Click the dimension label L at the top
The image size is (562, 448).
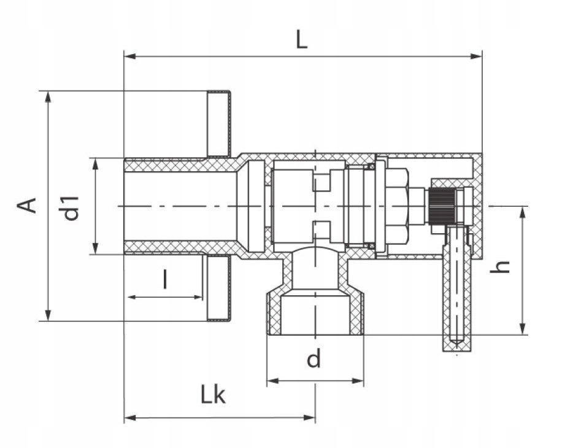point(301,40)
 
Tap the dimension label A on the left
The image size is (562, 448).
point(28,206)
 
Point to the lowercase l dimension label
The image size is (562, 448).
point(165,280)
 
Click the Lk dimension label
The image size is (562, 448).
point(214,396)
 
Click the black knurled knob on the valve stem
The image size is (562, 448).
point(441,206)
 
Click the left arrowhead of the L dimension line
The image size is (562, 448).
point(129,56)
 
